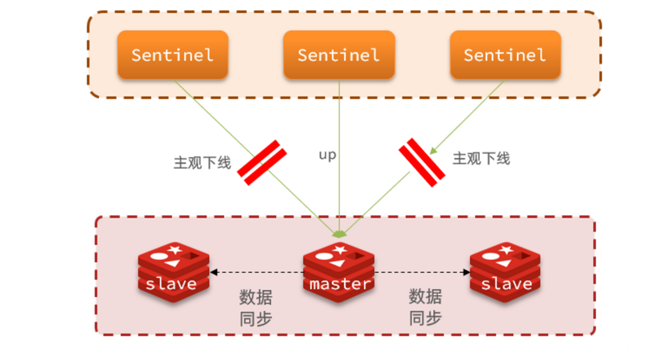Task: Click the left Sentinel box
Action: pyautogui.click(x=173, y=55)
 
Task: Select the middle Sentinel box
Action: pyautogui.click(x=339, y=55)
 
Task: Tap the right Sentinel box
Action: pyautogui.click(x=505, y=55)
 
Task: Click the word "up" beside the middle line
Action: pyautogui.click(x=327, y=155)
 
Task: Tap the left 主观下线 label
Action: pyautogui.click(x=202, y=163)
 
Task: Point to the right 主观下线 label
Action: pyautogui.click(x=481, y=159)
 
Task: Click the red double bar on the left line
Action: pyautogui.click(x=262, y=162)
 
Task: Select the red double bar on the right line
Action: pyautogui.click(x=422, y=162)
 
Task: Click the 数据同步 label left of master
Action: pyautogui.click(x=256, y=308)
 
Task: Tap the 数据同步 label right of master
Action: pyautogui.click(x=425, y=307)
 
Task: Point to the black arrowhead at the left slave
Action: pyautogui.click(x=214, y=272)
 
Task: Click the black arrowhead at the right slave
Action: pyautogui.click(x=466, y=272)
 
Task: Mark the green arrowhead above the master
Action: pyautogui.click(x=339, y=234)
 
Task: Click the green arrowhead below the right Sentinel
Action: pyautogui.click(x=433, y=151)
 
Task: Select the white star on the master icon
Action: pyautogui.click(x=340, y=250)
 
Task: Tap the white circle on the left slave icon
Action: pyautogui.click(x=159, y=257)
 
